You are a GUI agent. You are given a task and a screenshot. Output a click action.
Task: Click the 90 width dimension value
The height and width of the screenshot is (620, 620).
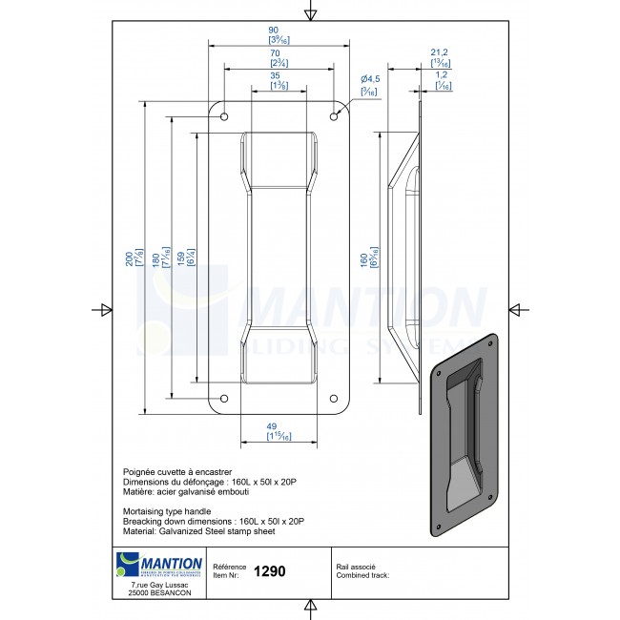coord(274,31)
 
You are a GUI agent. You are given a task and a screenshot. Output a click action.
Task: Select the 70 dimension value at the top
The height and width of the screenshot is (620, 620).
coord(274,54)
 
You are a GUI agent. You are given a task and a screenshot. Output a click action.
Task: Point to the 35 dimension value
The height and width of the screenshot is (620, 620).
coord(275,75)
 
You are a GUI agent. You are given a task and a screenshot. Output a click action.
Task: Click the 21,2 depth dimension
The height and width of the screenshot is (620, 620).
coord(440,53)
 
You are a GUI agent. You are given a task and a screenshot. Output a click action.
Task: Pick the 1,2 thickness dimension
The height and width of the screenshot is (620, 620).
coord(443,74)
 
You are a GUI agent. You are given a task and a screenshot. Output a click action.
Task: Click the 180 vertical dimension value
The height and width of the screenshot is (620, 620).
coord(150,258)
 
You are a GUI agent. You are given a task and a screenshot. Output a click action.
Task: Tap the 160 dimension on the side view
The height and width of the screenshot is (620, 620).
coord(363,258)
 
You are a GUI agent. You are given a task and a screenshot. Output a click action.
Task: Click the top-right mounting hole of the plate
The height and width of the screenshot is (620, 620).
coord(334,116)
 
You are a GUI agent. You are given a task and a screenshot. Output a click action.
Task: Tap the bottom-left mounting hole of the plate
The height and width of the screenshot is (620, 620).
coord(225,399)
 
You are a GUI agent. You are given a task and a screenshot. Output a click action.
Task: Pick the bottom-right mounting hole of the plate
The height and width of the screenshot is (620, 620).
coord(334,399)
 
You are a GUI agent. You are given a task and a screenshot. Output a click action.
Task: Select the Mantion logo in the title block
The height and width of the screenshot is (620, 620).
coord(158,565)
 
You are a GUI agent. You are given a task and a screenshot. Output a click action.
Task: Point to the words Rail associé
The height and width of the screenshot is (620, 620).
coord(357,566)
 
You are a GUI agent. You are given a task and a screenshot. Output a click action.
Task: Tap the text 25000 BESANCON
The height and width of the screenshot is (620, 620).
coord(158,594)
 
